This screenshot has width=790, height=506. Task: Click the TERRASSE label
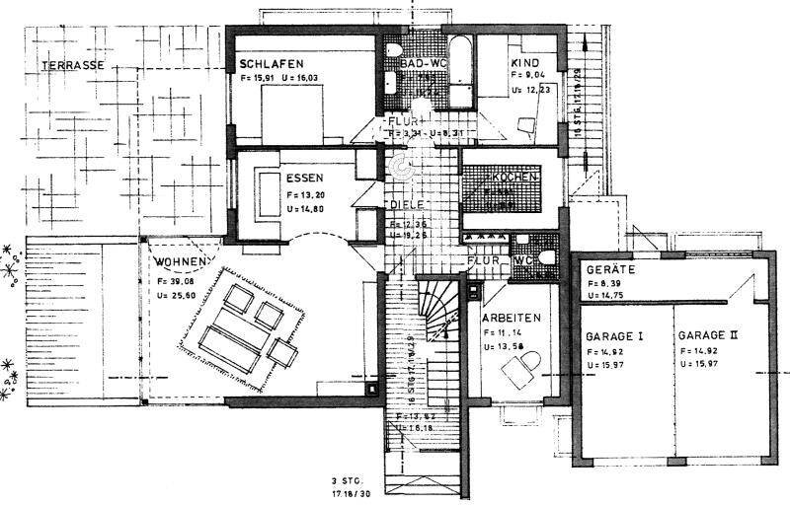[x=73, y=65]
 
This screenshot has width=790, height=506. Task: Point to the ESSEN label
[x=305, y=180]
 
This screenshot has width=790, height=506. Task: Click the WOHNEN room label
[x=181, y=262]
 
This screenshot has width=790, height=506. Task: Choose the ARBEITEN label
[x=511, y=318]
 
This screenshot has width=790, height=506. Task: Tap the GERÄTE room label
[x=609, y=268]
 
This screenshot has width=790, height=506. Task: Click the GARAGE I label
[x=614, y=336]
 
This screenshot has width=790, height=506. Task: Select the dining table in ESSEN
[x=266, y=191]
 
